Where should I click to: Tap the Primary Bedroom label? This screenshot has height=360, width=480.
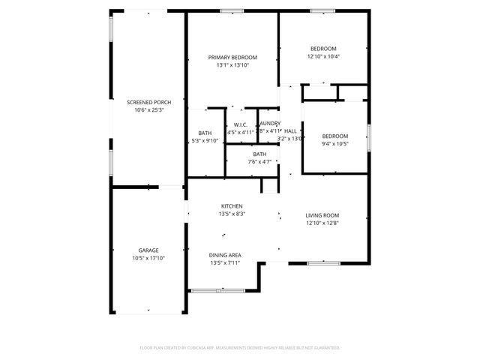click(x=232, y=58)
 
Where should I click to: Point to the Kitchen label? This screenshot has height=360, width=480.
click(x=232, y=206)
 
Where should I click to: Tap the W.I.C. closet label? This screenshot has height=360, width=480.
click(x=241, y=124)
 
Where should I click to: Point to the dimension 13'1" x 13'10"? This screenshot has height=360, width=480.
click(x=232, y=66)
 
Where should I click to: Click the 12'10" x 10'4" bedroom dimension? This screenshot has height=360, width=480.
click(x=323, y=56)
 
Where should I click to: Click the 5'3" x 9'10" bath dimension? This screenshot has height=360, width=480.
click(x=204, y=139)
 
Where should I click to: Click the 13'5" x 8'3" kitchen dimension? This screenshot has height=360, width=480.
click(x=232, y=214)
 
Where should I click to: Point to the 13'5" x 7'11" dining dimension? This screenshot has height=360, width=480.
click(x=225, y=264)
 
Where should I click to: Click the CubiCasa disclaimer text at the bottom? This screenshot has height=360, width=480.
click(x=240, y=348)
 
